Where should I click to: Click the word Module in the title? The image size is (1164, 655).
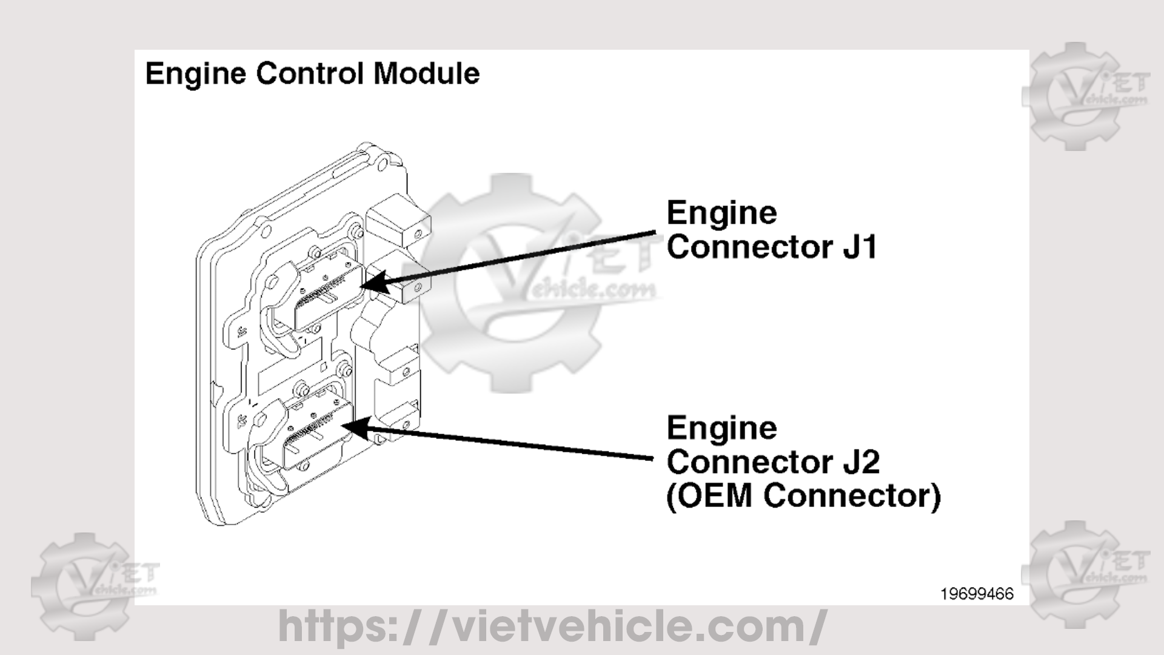coord(426,74)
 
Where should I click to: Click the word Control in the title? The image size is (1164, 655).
coord(309,74)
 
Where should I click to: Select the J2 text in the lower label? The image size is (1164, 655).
coord(861,462)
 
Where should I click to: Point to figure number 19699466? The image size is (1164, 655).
coord(977,594)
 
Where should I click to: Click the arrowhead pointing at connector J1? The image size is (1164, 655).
coord(372,283)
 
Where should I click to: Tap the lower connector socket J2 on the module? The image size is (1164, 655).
coord(315,434)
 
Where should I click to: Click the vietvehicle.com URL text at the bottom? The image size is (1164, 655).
coord(552,626)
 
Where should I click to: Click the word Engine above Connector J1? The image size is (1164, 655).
coord(721,213)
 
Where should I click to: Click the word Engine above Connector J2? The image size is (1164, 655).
coord(721,428)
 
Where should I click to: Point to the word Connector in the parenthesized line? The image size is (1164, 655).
coord(846,496)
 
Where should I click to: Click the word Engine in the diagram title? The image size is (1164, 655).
coord(195,74)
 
